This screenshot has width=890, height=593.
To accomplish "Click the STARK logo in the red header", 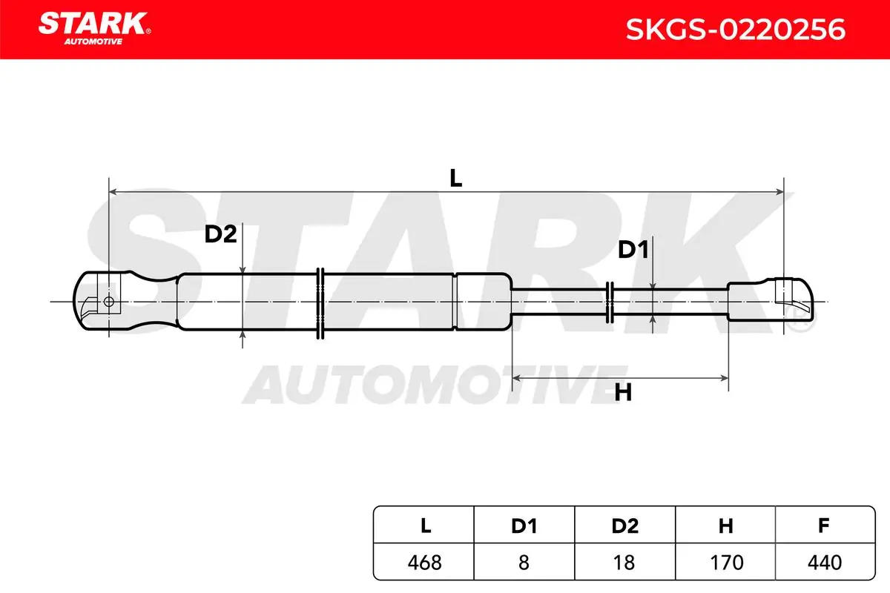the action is pyautogui.click(x=95, y=28).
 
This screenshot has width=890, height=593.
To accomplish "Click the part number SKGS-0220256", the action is pyautogui.click(x=736, y=30).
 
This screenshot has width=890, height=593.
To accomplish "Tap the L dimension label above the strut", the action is pyautogui.click(x=455, y=178).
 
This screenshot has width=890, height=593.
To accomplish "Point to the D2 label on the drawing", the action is pyautogui.click(x=220, y=234).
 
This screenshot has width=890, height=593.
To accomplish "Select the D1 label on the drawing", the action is pyautogui.click(x=633, y=250).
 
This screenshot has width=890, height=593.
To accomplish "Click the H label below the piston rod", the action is pyautogui.click(x=623, y=393).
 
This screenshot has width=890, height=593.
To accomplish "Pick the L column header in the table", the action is pyautogui.click(x=426, y=526).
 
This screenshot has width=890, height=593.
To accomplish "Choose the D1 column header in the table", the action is pyautogui.click(x=524, y=526).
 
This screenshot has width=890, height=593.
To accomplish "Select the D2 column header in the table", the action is pyautogui.click(x=625, y=526).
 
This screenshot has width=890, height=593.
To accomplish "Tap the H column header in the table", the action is pyautogui.click(x=725, y=526).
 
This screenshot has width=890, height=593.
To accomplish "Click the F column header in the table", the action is pyautogui.click(x=824, y=526).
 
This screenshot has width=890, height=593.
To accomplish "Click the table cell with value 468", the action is pyautogui.click(x=424, y=562).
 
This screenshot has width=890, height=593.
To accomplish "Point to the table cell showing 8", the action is pyautogui.click(x=524, y=562).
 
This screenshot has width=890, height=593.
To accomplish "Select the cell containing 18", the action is pyautogui.click(x=624, y=562).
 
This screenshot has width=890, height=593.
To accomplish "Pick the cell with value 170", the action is pyautogui.click(x=725, y=562).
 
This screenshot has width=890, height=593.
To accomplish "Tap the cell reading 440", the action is pyautogui.click(x=825, y=562).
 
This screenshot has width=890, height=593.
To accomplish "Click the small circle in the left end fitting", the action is pyautogui.click(x=108, y=302).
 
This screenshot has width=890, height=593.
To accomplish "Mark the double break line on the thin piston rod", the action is pyautogui.click(x=610, y=302).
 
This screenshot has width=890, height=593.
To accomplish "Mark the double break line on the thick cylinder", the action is pyautogui.click(x=320, y=303).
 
